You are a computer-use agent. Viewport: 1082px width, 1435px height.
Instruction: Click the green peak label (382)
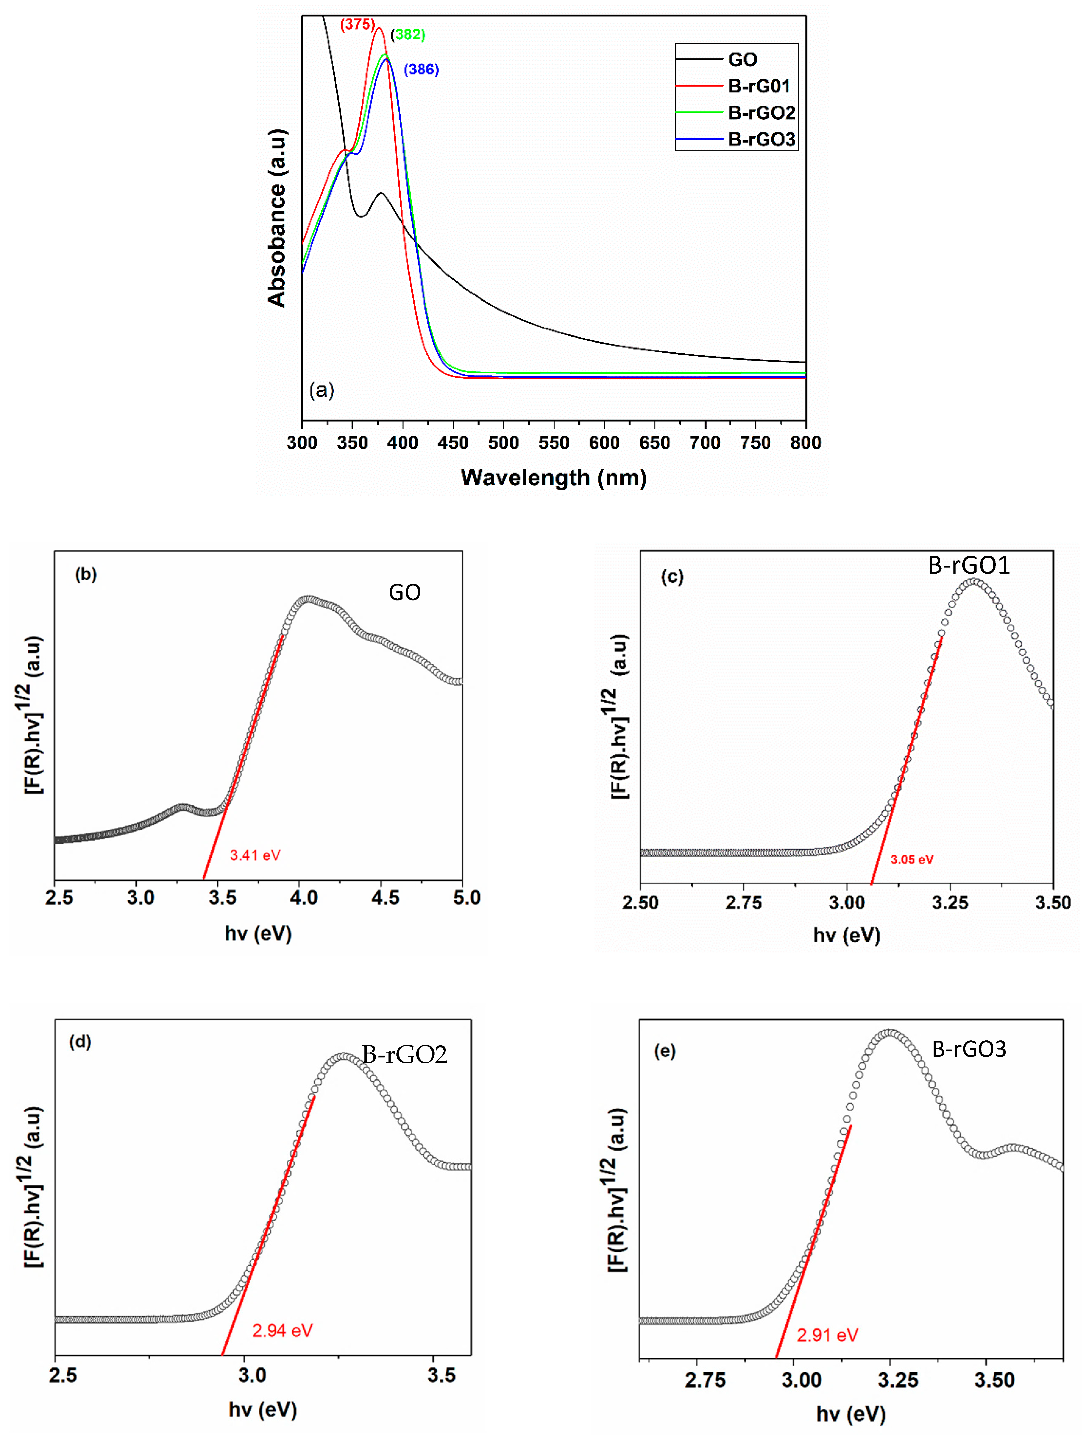pyautogui.click(x=408, y=35)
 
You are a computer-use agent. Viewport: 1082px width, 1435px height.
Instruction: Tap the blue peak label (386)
pyautogui.click(x=421, y=69)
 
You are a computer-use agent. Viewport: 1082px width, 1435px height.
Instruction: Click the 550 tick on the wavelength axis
pyautogui.click(x=554, y=443)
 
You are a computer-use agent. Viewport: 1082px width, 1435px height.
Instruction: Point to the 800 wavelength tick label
pyautogui.click(x=805, y=443)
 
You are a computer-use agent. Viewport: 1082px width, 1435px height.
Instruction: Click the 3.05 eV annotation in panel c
pyautogui.click(x=911, y=860)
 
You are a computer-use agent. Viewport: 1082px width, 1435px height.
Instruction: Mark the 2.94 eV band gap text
pyautogui.click(x=282, y=1331)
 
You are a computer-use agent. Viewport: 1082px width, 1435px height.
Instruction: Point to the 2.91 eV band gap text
pyautogui.click(x=828, y=1335)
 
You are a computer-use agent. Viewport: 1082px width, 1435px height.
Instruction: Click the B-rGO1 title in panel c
pyautogui.click(x=968, y=566)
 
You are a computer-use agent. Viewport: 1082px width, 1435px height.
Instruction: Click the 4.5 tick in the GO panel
pyautogui.click(x=385, y=898)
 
